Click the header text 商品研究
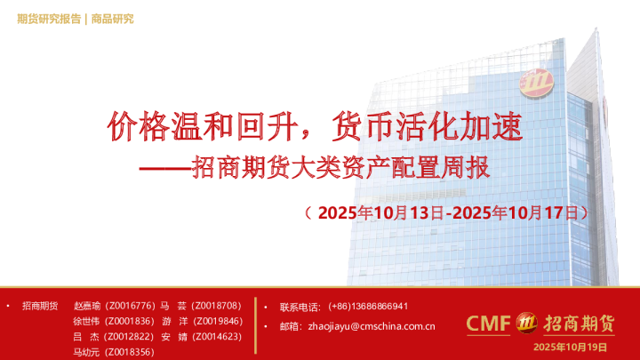pos(112,19)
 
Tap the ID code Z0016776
pos(130,306)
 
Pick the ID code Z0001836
pos(130,321)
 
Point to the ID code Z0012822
pos(130,337)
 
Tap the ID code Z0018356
pos(130,352)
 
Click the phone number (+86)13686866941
pos(368,306)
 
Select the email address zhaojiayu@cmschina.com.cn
pos(371,326)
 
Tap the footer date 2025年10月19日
pos(570,346)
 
